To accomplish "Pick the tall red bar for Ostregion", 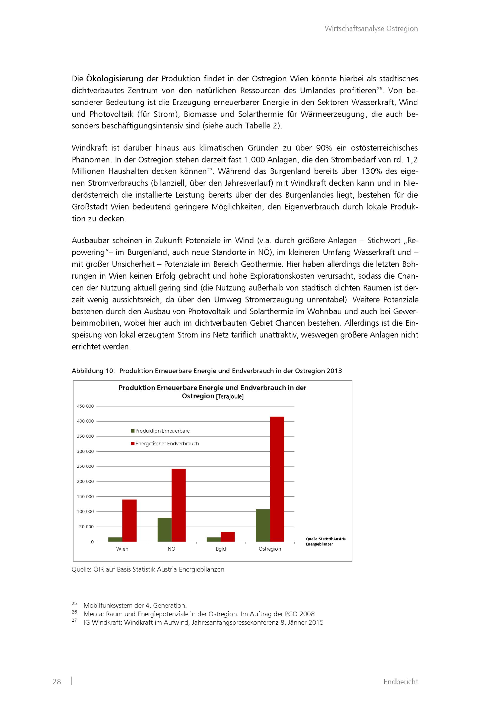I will (x=277, y=479).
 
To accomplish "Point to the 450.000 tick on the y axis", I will (x=85, y=406).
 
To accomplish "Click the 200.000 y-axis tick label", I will (x=85, y=482).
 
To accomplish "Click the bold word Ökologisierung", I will (x=114, y=79).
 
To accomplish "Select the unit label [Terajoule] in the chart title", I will (x=230, y=396).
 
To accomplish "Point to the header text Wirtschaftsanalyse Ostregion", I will (x=371, y=28).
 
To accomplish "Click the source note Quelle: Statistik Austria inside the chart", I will (x=326, y=539).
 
